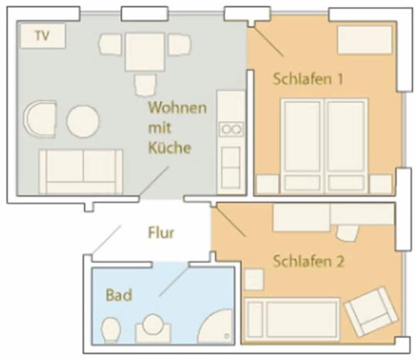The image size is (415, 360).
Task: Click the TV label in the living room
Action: pyautogui.click(x=42, y=36)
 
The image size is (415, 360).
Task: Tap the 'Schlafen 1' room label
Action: pyautogui.click(x=308, y=79)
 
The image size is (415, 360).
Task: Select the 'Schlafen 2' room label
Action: pyautogui.click(x=308, y=262)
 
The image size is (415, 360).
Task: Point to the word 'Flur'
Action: pyautogui.click(x=161, y=233)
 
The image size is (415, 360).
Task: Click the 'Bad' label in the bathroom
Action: pyautogui.click(x=119, y=295)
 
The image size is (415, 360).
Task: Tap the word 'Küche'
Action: pyautogui.click(x=170, y=148)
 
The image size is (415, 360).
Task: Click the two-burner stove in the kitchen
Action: pyautogui.click(x=232, y=129)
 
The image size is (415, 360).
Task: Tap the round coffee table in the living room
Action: pyautogui.click(x=83, y=121)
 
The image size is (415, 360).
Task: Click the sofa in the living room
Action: pyautogui.click(x=81, y=171)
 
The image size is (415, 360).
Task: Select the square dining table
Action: pyautogui.click(x=144, y=52)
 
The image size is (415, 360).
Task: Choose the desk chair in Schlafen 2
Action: pyautogui.click(x=347, y=233)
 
